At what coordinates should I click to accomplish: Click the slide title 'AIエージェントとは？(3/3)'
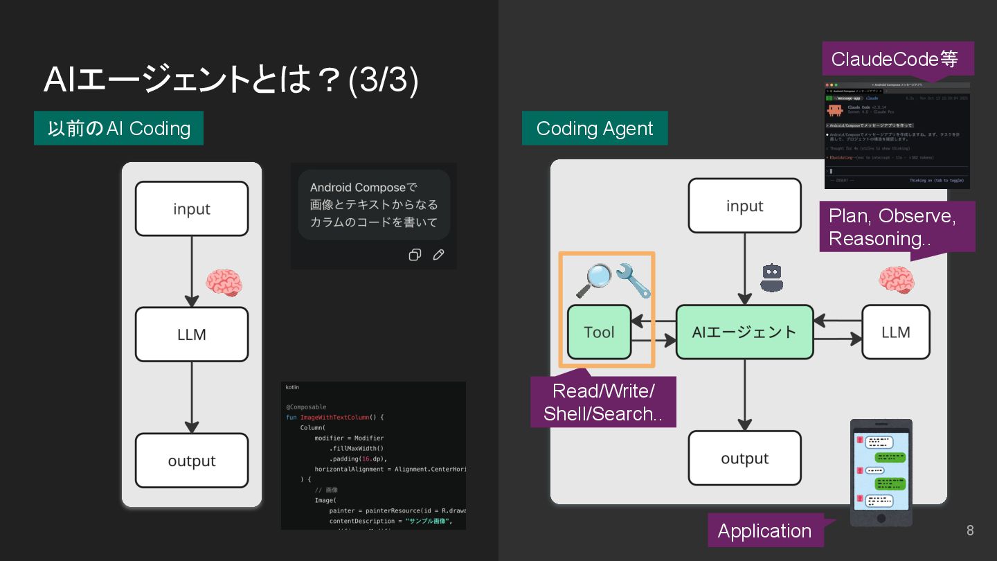tap(231, 80)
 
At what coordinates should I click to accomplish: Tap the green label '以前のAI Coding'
tap(118, 128)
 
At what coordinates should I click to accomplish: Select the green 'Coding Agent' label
tap(595, 128)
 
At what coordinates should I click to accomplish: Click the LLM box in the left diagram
tap(192, 335)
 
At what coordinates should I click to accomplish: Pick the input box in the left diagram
tap(192, 208)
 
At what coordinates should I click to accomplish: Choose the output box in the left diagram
tap(192, 461)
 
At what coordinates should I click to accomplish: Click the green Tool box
tap(599, 332)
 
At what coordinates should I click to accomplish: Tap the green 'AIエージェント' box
tap(744, 332)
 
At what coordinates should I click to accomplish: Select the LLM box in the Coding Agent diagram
tap(895, 332)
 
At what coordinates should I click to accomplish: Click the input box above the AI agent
tap(744, 206)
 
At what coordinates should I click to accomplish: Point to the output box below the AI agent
tap(744, 458)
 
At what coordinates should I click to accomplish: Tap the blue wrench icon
tap(634, 280)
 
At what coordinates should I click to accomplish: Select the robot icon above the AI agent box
tap(771, 277)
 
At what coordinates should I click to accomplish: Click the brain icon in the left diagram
tap(224, 283)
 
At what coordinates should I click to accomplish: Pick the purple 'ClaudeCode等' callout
tap(897, 59)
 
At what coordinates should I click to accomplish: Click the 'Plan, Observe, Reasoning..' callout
tap(897, 227)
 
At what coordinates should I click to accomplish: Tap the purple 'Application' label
tap(764, 531)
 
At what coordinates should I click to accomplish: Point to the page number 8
tap(970, 531)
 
